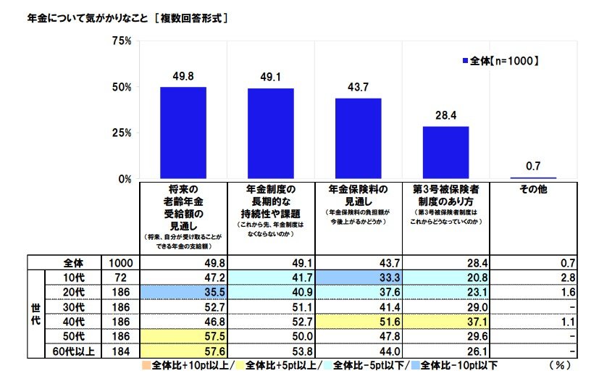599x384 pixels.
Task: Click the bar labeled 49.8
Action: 183,133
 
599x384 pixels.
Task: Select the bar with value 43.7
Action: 358,138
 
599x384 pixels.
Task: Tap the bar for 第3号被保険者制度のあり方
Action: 445,152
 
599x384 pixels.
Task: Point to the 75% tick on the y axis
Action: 121,41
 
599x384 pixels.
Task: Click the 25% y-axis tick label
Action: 121,133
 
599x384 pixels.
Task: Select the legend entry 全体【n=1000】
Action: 500,61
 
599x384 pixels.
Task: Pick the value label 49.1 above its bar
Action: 270,75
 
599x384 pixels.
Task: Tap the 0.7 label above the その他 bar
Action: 533,166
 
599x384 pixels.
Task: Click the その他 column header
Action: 533,189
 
